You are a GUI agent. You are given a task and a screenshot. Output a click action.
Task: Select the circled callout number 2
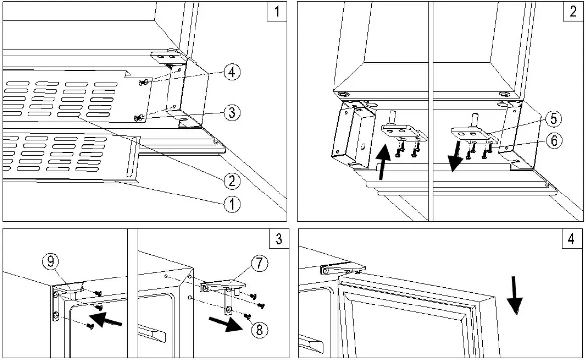232,181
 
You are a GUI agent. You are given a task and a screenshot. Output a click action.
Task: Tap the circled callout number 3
232,112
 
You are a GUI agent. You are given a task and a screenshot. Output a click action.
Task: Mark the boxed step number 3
279,239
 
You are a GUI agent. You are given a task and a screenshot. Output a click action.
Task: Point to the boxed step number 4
571,239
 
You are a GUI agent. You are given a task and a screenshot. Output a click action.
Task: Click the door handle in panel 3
152,334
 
